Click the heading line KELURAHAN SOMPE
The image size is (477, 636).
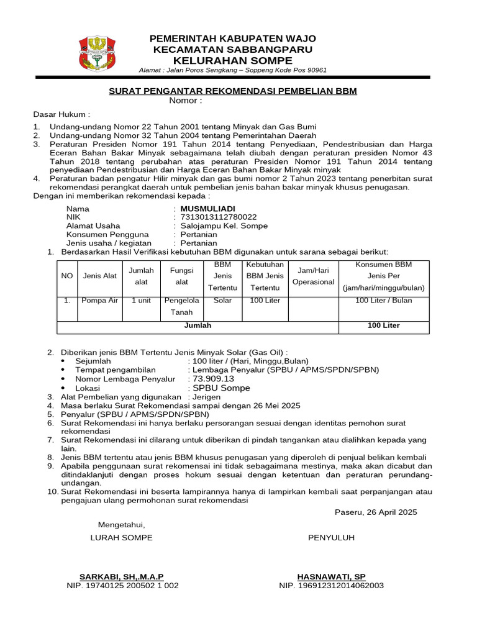coord(232,60)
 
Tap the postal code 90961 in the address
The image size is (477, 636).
coord(314,70)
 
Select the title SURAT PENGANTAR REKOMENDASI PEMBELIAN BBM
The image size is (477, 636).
coord(233,91)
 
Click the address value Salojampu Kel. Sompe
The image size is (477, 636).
coord(224,226)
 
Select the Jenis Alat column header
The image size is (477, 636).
coord(99,276)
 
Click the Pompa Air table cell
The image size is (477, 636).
coord(99,301)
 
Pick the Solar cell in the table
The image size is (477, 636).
coord(222,301)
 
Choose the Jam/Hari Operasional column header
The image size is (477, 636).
coord(314,276)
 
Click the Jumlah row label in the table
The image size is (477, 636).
coord(198,325)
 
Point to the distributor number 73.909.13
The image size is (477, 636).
coord(214,378)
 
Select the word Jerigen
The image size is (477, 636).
coord(207,397)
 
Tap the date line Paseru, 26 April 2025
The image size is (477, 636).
coord(376,512)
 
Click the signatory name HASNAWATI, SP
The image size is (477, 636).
coord(331,576)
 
